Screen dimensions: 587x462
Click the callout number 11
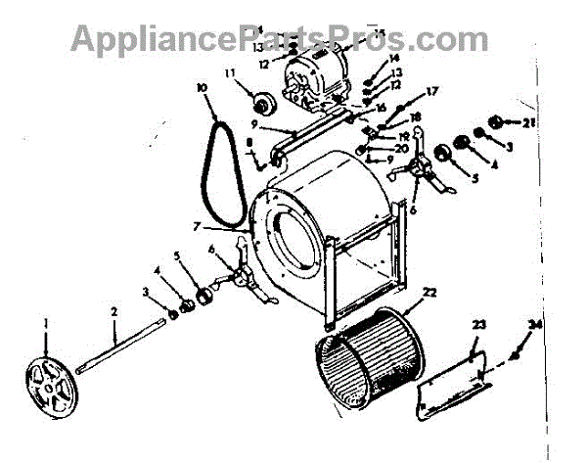231,74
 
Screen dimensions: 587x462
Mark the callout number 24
534,326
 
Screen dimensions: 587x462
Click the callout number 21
529,122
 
